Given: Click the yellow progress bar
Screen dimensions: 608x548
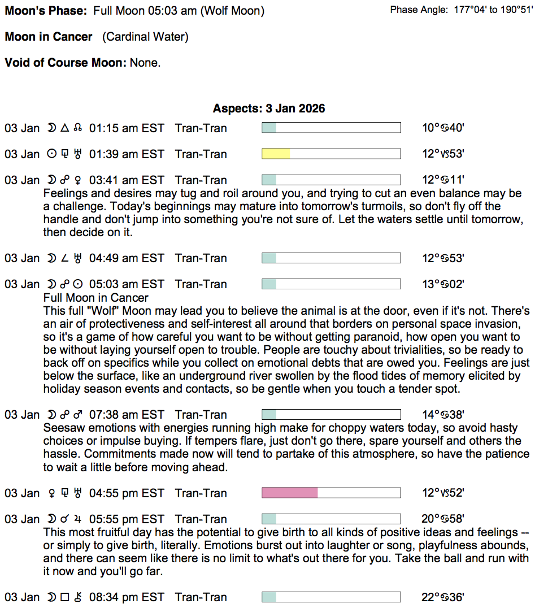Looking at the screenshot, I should (x=331, y=154).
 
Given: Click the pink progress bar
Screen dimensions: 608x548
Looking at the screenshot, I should (x=331, y=493).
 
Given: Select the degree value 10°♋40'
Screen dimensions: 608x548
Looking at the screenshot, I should (x=443, y=128).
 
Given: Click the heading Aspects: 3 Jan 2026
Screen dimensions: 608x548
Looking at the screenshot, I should (x=269, y=108).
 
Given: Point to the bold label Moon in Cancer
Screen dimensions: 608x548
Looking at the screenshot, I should (x=49, y=37).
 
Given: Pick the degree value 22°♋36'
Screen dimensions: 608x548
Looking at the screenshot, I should (x=443, y=597).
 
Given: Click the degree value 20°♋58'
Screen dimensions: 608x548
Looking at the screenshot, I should (x=443, y=519).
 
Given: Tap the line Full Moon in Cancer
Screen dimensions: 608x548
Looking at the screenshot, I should (x=96, y=298).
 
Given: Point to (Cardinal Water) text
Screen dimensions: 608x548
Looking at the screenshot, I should (x=145, y=37).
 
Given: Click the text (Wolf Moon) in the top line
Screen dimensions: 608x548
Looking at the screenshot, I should (x=232, y=11).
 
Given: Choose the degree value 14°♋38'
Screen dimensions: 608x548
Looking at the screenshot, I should (x=443, y=415).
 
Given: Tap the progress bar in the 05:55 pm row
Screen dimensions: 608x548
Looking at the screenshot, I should (x=331, y=519).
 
